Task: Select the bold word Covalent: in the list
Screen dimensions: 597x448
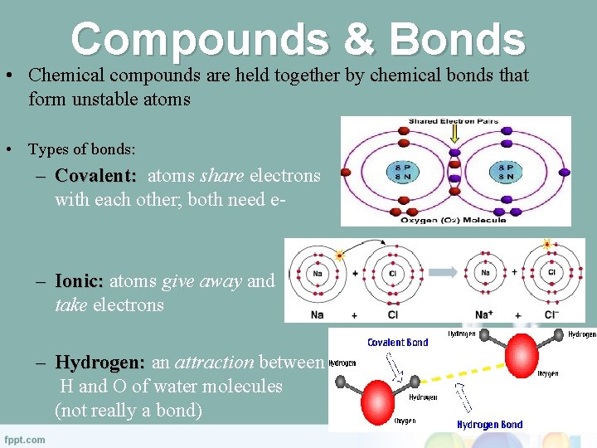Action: point(95,176)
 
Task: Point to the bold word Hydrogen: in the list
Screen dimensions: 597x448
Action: point(100,363)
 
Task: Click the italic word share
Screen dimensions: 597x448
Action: point(222,176)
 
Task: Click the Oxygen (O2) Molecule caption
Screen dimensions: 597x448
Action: point(453,220)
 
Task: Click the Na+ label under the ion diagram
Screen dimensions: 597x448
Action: point(484,315)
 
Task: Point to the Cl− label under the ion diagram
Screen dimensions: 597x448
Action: point(551,315)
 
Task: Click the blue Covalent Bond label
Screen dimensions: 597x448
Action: point(398,342)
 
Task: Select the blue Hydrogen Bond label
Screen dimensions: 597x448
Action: point(489,425)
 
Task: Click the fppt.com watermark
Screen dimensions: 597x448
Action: point(25,439)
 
